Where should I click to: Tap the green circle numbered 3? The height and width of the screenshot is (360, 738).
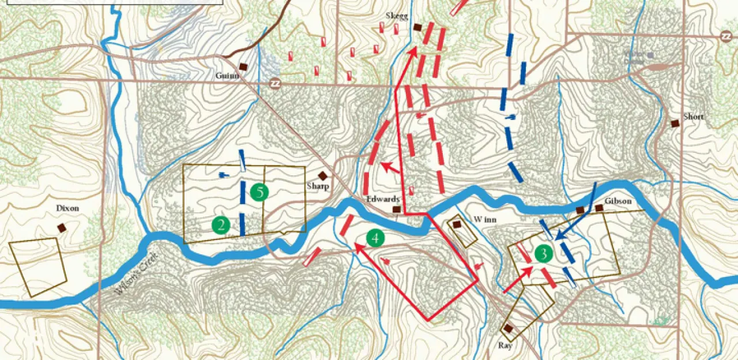click(x=543, y=253)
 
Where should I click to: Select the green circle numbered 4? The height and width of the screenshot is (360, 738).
click(x=375, y=237)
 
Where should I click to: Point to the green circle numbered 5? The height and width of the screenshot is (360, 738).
click(x=260, y=192)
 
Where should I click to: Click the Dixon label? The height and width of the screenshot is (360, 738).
click(x=67, y=208)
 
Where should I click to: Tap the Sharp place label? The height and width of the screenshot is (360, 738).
click(x=318, y=186)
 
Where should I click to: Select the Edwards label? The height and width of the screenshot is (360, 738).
click(x=383, y=199)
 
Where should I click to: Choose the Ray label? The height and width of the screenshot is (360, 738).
click(x=506, y=346)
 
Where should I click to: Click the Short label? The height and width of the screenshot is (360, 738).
click(x=694, y=117)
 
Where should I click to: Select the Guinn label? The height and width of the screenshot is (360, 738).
click(x=227, y=76)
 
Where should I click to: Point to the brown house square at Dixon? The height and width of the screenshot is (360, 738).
click(x=62, y=228)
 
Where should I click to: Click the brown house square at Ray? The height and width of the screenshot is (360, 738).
click(x=508, y=328)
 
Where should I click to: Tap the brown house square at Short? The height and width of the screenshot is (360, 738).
click(x=675, y=123)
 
